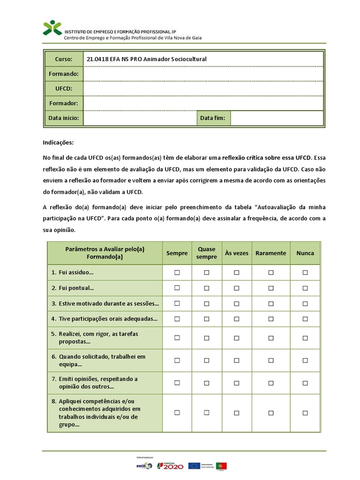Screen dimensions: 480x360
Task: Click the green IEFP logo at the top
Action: (52, 28)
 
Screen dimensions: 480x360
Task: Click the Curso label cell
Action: (64, 59)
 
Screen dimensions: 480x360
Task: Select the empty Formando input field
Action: (203, 74)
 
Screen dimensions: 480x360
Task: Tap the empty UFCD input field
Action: (203, 89)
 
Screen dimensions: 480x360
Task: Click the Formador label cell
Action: (64, 103)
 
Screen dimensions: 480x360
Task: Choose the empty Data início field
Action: (140, 118)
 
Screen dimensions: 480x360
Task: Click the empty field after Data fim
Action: (277, 118)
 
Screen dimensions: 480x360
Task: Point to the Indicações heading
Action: (58, 142)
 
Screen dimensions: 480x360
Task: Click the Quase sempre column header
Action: (207, 253)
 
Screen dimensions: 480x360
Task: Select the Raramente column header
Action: (270, 253)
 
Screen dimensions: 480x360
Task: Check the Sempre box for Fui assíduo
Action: (177, 272)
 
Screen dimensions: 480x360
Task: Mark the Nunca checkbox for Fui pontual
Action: (305, 288)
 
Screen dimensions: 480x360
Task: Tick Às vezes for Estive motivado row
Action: (237, 303)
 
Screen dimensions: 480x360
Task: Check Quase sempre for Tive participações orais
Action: (207, 319)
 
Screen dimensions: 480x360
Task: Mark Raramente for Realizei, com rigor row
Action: (271, 337)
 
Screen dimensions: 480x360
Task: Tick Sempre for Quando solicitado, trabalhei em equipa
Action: (177, 360)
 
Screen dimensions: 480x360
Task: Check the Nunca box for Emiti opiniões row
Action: (305, 382)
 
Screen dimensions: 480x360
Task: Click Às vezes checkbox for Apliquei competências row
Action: (237, 413)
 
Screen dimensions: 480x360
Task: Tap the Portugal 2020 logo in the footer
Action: (170, 465)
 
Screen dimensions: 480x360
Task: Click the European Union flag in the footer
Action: (194, 465)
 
